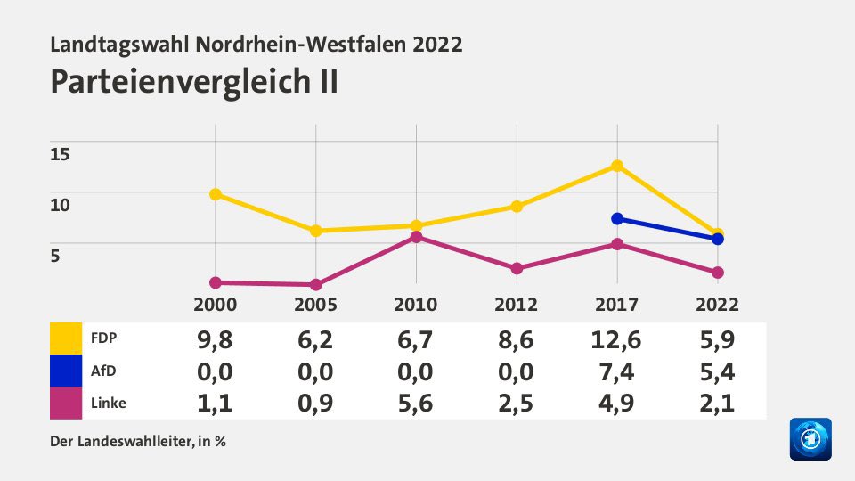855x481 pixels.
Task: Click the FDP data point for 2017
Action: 616,166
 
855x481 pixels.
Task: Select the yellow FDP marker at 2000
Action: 216,194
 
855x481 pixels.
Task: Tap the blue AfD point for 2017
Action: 616,219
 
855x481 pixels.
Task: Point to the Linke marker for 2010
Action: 416,237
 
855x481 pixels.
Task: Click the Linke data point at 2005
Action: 315,285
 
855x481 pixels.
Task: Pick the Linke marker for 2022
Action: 717,273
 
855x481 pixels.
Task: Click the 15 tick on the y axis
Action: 59,153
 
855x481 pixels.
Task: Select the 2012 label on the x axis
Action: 516,305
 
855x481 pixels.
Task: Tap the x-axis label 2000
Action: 216,305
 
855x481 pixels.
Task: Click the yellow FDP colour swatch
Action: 66,338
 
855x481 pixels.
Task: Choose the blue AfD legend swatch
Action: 66,371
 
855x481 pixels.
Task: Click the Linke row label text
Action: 108,403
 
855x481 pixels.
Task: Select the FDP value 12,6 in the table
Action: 616,338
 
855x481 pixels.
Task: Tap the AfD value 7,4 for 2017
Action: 616,371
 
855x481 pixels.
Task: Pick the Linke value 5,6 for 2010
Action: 416,403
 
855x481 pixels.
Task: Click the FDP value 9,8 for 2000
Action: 216,338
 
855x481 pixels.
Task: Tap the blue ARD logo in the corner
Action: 810,439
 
